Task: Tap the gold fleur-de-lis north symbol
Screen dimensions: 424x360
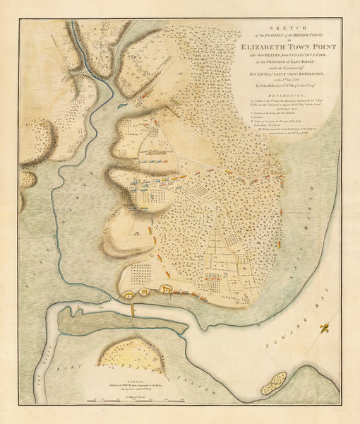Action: click(x=325, y=329)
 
